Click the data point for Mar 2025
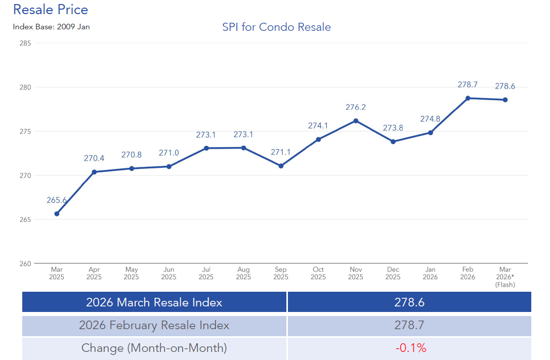point(57,214)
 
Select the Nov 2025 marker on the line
point(356,121)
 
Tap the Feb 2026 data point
point(468,98)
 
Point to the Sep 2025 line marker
point(281,166)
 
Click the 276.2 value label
point(356,107)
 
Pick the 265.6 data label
point(57,200)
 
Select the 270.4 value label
point(94,158)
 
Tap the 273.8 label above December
point(393,128)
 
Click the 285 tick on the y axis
point(25,43)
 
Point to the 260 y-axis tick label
point(25,263)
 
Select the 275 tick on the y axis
point(25,131)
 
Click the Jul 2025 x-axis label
point(206,274)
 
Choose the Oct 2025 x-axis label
point(318,274)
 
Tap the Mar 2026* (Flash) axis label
point(505,277)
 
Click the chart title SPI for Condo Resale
point(276,27)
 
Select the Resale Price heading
point(51,10)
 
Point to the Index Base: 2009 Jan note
point(51,27)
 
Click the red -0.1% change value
point(411,348)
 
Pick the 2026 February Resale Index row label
point(154,325)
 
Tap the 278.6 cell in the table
point(409,302)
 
